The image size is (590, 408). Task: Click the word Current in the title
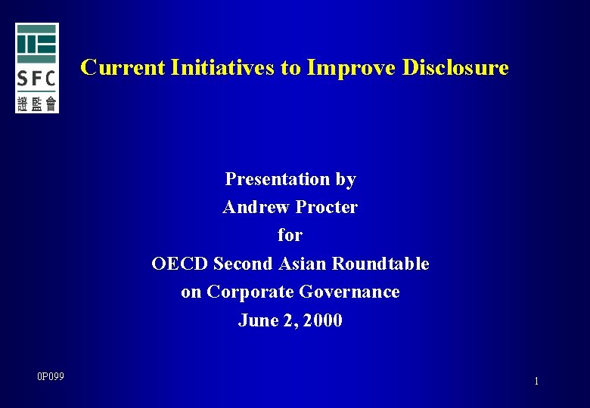(x=123, y=67)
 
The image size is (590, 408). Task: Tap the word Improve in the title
(x=350, y=67)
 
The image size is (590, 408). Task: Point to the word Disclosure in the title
(x=455, y=67)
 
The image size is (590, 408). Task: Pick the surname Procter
(x=327, y=207)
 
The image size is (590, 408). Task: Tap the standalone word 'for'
(x=290, y=235)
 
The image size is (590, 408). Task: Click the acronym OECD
(x=180, y=264)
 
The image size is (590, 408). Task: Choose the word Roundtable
(x=380, y=264)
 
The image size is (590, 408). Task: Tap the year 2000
(x=324, y=320)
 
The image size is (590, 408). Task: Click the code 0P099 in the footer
(x=51, y=376)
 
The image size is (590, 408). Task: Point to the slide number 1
(x=536, y=382)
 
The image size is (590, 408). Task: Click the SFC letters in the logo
(x=36, y=78)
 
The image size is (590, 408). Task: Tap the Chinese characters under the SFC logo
(x=36, y=104)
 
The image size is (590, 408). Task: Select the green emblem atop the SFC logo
(x=36, y=43)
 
